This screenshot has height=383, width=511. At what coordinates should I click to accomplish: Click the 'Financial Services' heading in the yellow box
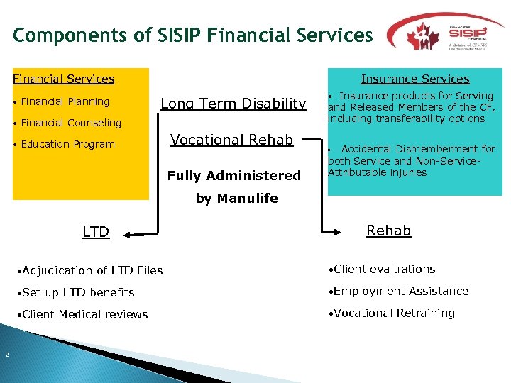pos(64,79)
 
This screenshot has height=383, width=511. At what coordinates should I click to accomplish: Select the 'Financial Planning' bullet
pos(65,101)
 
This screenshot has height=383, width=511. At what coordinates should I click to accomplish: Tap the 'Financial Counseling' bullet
pos(71,123)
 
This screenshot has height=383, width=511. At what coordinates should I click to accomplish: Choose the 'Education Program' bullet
pos(67,144)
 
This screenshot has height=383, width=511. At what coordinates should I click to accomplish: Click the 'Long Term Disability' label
pos(233,104)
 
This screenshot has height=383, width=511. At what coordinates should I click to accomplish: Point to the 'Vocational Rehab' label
pos(231,140)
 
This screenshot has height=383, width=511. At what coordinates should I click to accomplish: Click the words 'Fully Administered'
pos(233,175)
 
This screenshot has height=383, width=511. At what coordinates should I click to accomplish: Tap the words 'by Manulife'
pos(237,199)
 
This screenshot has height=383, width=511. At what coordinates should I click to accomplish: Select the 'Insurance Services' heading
pos(414,79)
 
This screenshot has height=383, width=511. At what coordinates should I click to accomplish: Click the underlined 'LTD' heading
pos(96,232)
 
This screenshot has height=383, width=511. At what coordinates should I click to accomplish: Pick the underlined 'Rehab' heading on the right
pos(388,231)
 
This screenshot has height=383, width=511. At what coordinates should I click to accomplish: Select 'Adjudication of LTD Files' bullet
pos(92,270)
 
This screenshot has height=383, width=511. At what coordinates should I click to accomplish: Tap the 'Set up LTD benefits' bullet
pos(78,292)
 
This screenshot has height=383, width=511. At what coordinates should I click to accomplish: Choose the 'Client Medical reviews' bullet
pos(85,314)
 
